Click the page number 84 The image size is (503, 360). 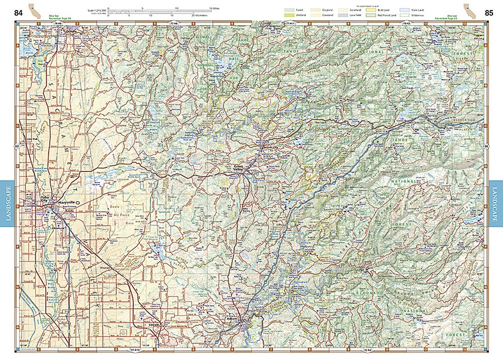click(18, 13)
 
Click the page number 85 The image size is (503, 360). click(488, 13)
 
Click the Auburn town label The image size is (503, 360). click(232, 318)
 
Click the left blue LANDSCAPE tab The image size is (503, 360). click(8, 204)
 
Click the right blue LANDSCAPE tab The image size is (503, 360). click(495, 204)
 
